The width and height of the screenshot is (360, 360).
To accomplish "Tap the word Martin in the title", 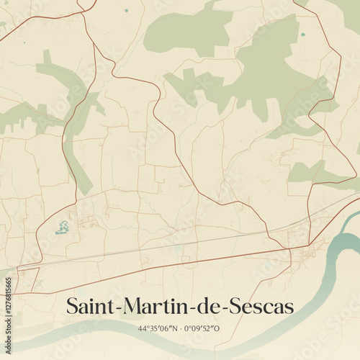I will pyautogui.click(x=153, y=307).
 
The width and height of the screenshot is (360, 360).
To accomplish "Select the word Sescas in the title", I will pyautogui.click(x=260, y=307).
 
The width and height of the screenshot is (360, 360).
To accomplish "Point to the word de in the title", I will pyautogui.click(x=207, y=307).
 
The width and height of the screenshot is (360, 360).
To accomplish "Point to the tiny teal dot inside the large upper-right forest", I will pyautogui.click(x=302, y=34).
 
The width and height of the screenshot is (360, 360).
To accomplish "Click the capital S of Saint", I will pyautogui.click(x=72, y=307).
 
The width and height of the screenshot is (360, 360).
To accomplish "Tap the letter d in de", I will pyautogui.click(x=202, y=307).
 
